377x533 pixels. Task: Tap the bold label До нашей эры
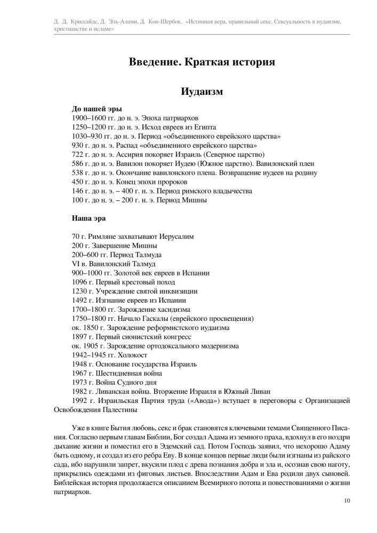pyautogui.click(x=93, y=109)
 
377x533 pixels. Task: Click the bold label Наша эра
pyautogui.click(x=89, y=217)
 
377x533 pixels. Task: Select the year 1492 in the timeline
pyautogui.click(x=78, y=300)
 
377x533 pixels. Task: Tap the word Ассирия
pyautogui.click(x=128, y=155)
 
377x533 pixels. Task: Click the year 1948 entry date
pyautogui.click(x=78, y=364)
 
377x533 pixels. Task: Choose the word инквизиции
pyautogui.click(x=179, y=291)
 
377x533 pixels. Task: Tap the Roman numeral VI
pyautogui.click(x=75, y=264)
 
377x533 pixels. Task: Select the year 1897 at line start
pyautogui.click(x=78, y=336)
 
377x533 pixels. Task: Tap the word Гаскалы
pyautogui.click(x=147, y=318)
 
